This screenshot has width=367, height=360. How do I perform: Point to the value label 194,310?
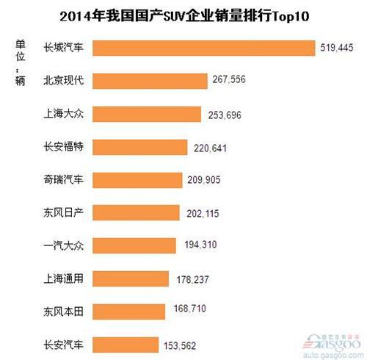coord(212,246)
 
